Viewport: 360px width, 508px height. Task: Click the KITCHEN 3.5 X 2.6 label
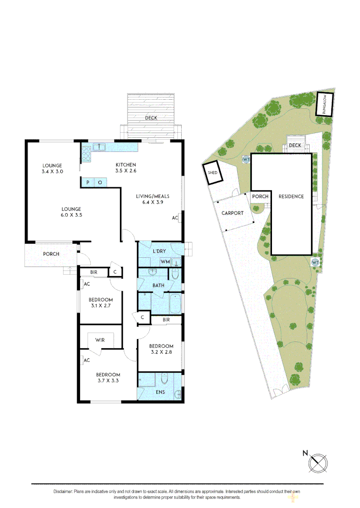[126, 167]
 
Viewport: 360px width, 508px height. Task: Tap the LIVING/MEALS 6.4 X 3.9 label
[152, 199]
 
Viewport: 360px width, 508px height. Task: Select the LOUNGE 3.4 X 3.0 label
[52, 168]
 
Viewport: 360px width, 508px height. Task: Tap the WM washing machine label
[165, 261]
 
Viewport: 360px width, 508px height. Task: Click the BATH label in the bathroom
[158, 285]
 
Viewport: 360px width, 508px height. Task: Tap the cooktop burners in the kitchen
[86, 152]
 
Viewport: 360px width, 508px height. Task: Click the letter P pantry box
[88, 182]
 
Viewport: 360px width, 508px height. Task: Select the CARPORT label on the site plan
[232, 213]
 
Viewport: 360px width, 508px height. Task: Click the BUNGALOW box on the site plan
[324, 104]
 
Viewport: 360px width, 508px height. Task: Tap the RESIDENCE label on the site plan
[291, 197]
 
